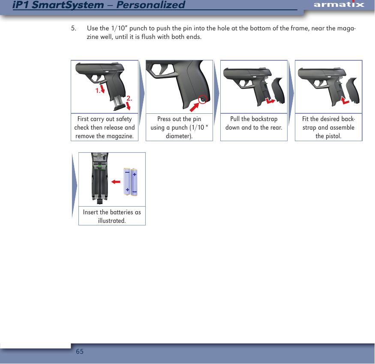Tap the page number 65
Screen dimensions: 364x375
[x=79, y=352]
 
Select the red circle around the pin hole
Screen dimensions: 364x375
[x=203, y=100]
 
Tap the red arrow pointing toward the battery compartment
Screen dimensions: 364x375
[x=115, y=182]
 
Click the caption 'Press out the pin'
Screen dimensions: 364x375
[x=179, y=119]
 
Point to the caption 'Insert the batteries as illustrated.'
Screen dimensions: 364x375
[x=112, y=216]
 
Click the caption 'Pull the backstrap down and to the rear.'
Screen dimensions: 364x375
[x=254, y=123]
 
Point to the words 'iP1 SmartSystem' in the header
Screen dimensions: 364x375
[x=58, y=5]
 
